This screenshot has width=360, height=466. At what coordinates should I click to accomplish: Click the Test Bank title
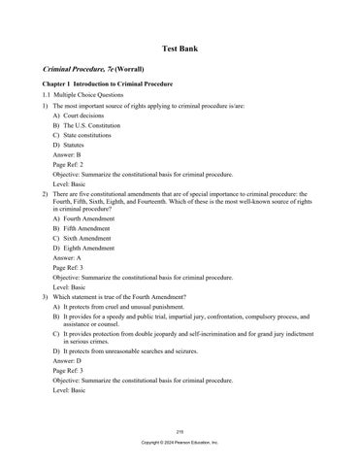(x=180, y=48)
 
